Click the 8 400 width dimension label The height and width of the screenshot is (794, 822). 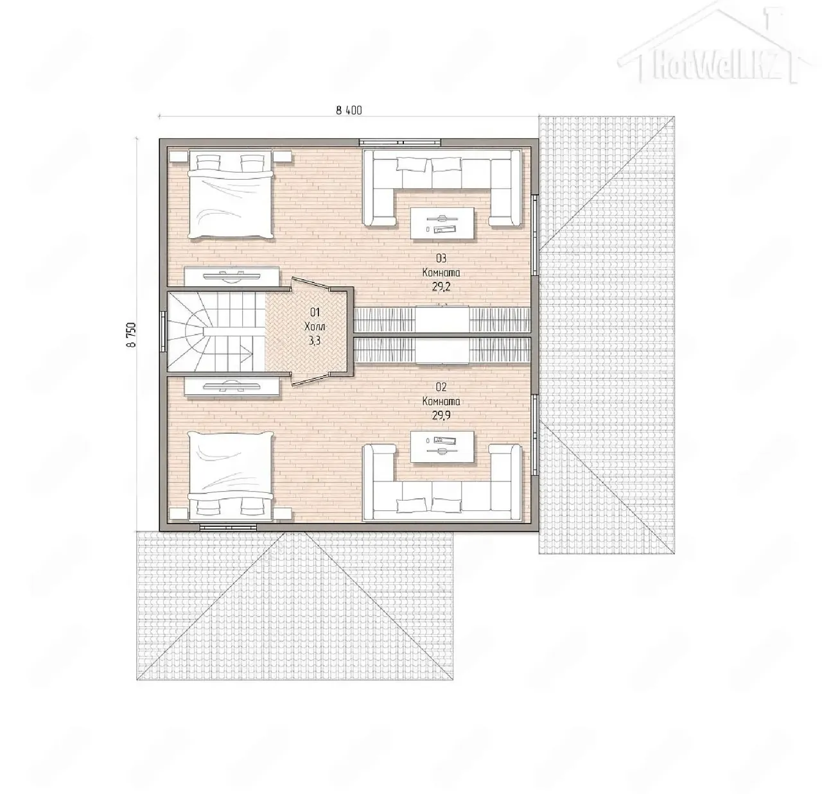point(349,110)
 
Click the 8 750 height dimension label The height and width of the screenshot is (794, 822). point(132,334)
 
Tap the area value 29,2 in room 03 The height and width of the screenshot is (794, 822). point(441,287)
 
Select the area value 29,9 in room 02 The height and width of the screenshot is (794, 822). point(441,415)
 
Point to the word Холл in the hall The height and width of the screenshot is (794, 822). point(315,326)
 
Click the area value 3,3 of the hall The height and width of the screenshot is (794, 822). point(315,341)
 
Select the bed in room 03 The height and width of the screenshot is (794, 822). point(230,196)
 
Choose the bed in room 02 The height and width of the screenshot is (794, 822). point(230,475)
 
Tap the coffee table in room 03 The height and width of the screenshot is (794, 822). point(442,224)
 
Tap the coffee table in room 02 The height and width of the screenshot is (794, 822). point(442,446)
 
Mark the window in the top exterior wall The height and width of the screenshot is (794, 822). point(399,142)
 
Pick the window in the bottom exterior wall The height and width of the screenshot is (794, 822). point(228,527)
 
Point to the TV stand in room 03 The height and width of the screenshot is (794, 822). point(232,276)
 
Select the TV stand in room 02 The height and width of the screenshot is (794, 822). point(232,387)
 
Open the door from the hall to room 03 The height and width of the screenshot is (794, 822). point(310,284)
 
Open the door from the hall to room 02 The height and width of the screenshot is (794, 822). point(310,379)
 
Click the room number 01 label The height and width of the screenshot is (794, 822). point(315,313)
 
